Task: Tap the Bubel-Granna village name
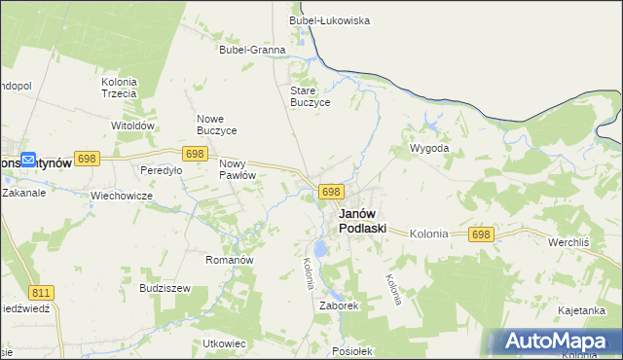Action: point(252,50)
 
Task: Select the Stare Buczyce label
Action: point(311,96)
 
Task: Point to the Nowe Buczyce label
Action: point(217,124)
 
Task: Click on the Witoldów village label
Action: point(133,126)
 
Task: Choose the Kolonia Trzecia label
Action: point(119,88)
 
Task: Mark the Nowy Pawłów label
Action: point(238,169)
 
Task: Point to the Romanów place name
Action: point(230,260)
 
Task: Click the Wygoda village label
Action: point(429,148)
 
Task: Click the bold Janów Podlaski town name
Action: point(362,221)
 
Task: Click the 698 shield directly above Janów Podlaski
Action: point(331,192)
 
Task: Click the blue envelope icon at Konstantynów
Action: point(28,161)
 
